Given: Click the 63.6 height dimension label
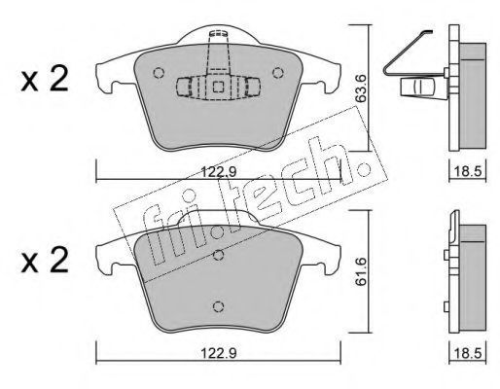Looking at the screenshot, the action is coord(361,88).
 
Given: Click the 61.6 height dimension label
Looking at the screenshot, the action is coord(361,271).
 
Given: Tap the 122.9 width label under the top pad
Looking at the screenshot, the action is coord(219,171).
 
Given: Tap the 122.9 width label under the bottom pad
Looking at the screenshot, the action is coord(219,353).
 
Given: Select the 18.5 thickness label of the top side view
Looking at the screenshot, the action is coord(467,171).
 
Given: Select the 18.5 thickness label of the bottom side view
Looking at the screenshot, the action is coord(467,353).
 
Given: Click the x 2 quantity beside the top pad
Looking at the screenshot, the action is coord(45,79).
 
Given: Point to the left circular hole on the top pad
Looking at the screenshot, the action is coord(159,73).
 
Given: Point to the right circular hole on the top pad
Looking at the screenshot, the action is coord(278,73).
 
